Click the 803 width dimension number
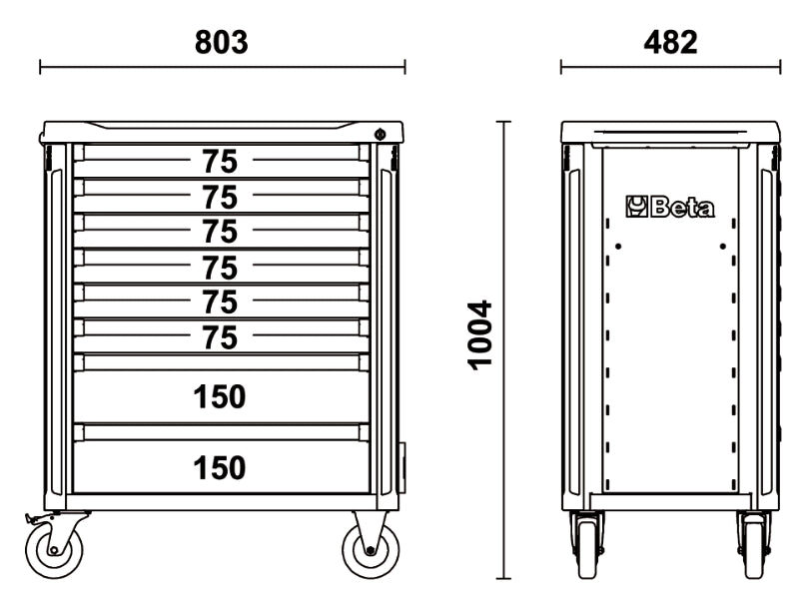pos(221,43)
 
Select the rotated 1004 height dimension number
pos(481,334)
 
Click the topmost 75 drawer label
pos(220,160)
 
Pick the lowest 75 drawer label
pos(220,337)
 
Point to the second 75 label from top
pos(220,195)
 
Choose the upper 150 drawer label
pos(220,396)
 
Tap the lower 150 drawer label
pos(220,467)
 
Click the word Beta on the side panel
pos(683,208)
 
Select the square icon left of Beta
pos(637,208)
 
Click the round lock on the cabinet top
pos(380,135)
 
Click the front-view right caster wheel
pos(371,549)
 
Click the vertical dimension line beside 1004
pos(503,349)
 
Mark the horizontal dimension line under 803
pos(222,68)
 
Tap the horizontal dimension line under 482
pos(670,68)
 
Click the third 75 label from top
pos(220,231)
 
